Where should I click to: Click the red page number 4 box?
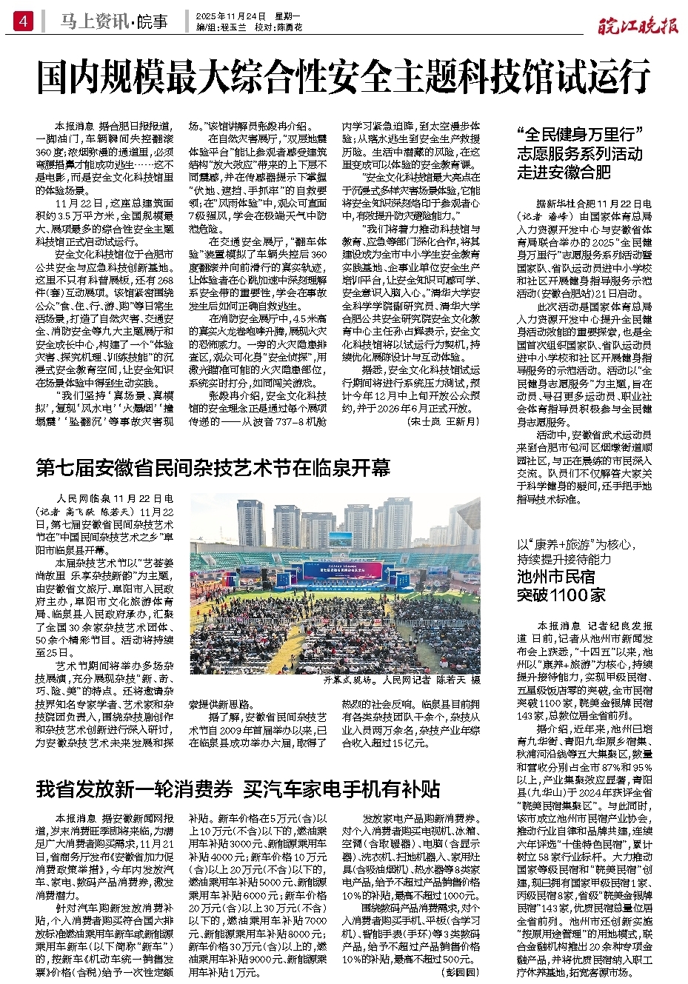(23, 22)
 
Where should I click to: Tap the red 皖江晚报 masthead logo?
(638, 26)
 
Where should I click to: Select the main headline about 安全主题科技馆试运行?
(344, 77)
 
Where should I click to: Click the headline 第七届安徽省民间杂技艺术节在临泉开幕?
(213, 468)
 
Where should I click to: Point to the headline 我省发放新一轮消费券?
(134, 789)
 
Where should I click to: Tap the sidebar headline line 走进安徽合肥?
(564, 173)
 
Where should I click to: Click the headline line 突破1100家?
(561, 595)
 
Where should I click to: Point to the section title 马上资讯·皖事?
(114, 22)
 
